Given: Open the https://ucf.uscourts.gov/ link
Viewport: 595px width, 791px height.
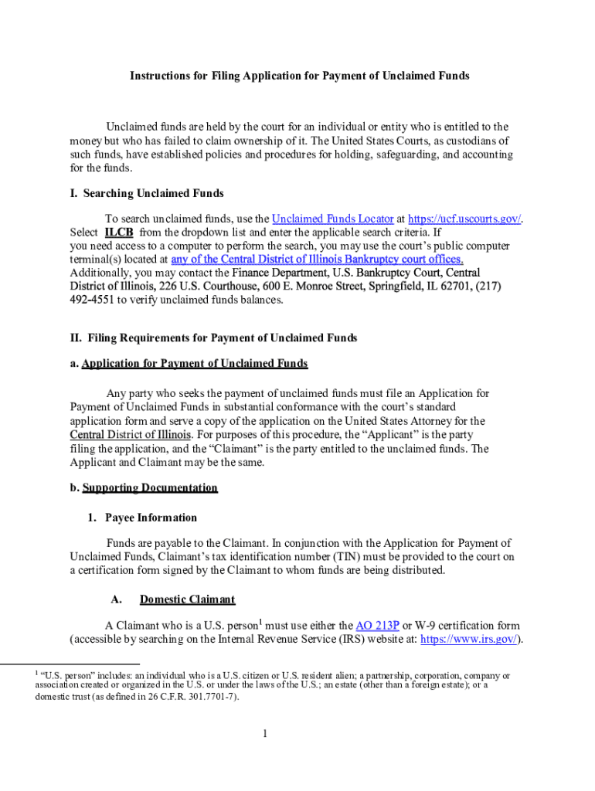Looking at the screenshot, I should pyautogui.click(x=464, y=219).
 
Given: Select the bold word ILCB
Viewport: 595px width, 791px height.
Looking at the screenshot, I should pyautogui.click(x=119, y=232).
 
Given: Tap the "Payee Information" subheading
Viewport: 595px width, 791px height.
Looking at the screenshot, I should pyautogui.click(x=151, y=518).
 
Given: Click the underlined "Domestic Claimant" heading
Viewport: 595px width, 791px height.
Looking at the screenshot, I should pyautogui.click(x=187, y=599).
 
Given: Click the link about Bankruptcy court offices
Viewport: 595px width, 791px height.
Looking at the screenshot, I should pyautogui.click(x=317, y=260).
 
